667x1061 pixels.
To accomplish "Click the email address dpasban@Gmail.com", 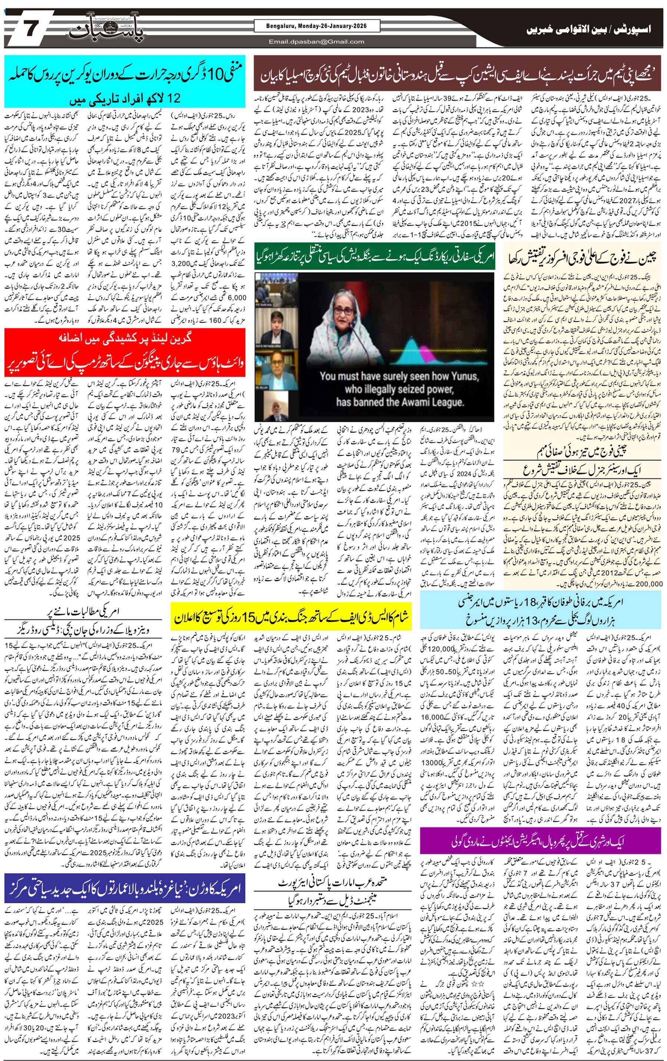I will pyautogui.click(x=316, y=42).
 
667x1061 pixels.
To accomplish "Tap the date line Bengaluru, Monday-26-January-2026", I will pyautogui.click(x=316, y=26).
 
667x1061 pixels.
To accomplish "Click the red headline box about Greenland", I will pyautogui.click(x=125, y=352).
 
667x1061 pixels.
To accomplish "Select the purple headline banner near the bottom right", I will pyautogui.click(x=540, y=841).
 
